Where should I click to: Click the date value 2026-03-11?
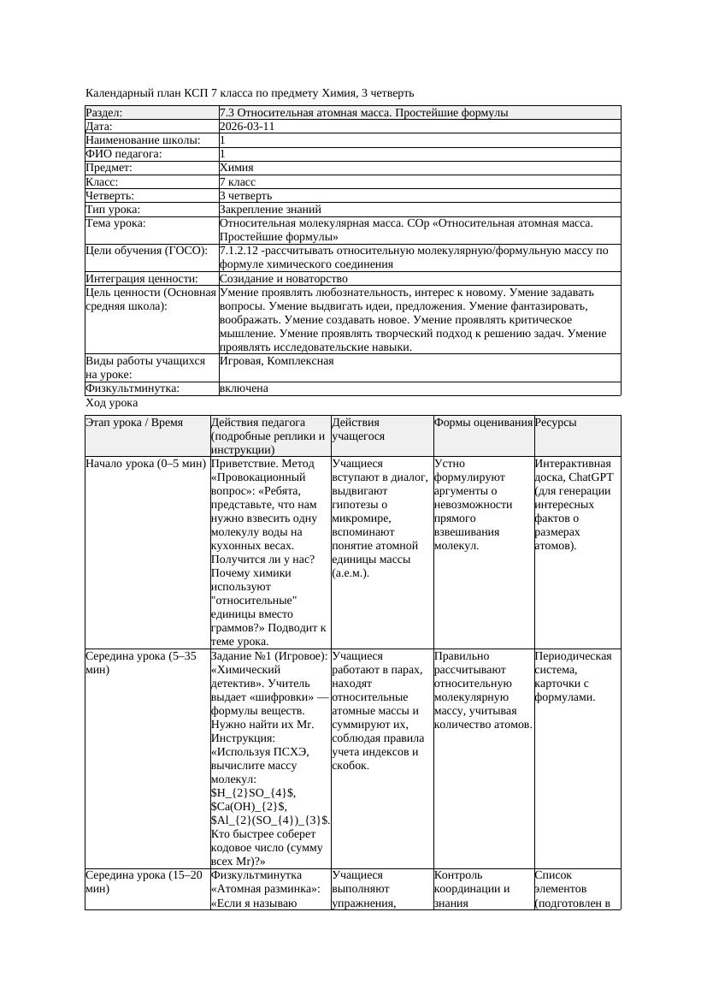tap(247, 127)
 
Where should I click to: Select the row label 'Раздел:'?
tap(104, 113)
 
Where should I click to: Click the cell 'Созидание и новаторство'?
tap(283, 279)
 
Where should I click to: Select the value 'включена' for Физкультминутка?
tap(244, 388)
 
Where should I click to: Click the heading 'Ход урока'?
tap(112, 403)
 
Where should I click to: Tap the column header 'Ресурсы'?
tap(555, 423)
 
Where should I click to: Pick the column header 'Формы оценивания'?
tap(483, 423)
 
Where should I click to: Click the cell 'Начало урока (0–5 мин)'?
tap(145, 464)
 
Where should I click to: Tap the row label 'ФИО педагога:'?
tap(125, 154)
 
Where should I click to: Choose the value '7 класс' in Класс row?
tap(238, 182)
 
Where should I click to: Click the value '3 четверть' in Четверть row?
tap(245, 196)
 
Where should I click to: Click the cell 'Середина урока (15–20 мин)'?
tap(145, 882)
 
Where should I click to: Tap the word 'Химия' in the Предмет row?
tap(236, 168)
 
